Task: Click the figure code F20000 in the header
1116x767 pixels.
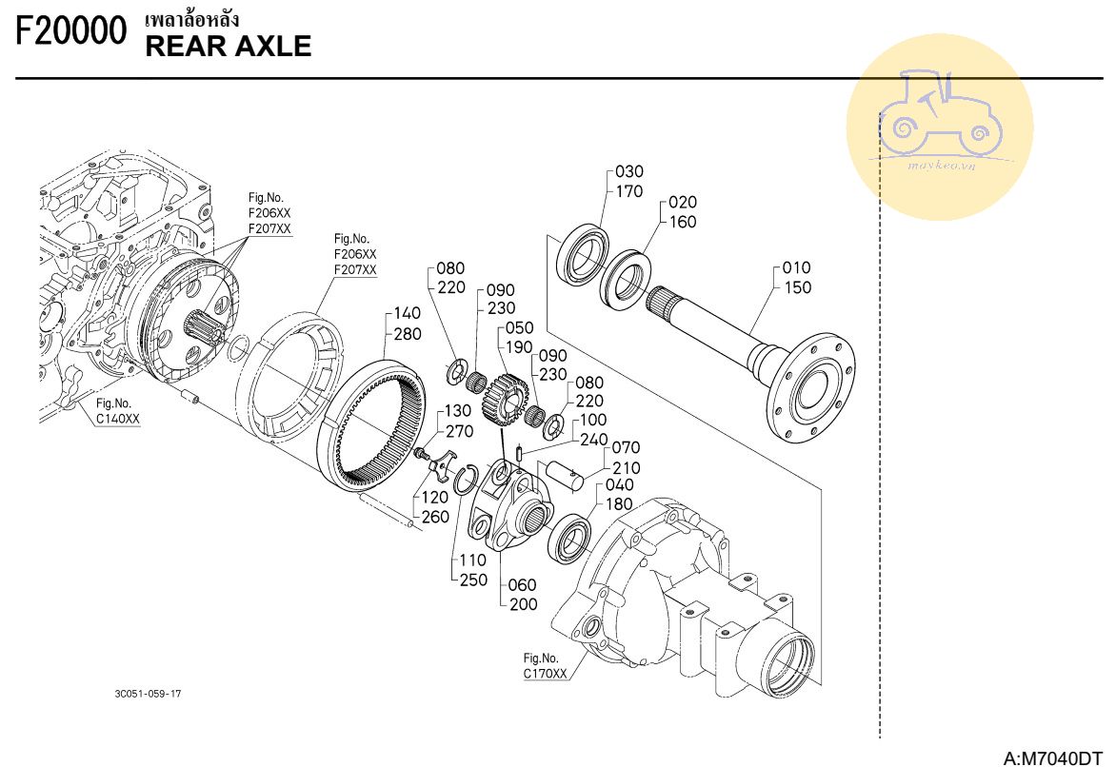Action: pyautogui.click(x=71, y=30)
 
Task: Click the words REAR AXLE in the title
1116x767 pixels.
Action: pyautogui.click(x=229, y=47)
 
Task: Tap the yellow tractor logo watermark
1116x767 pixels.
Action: pyautogui.click(x=940, y=127)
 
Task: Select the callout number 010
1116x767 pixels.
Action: pyautogui.click(x=796, y=267)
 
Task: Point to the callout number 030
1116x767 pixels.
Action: pyautogui.click(x=629, y=171)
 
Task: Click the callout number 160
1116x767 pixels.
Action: pyautogui.click(x=683, y=222)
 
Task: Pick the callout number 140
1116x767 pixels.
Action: pyautogui.click(x=408, y=313)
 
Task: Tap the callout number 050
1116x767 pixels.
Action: pyautogui.click(x=520, y=327)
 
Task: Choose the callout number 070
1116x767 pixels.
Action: pyautogui.click(x=627, y=447)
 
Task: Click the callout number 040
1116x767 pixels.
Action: pyautogui.click(x=619, y=484)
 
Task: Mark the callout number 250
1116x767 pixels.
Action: pyautogui.click(x=473, y=580)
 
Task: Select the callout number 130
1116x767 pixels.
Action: pyautogui.click(x=458, y=411)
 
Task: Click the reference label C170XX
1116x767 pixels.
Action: pyautogui.click(x=546, y=673)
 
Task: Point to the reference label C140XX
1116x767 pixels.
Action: pyautogui.click(x=118, y=419)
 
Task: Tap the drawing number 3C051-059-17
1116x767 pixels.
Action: pyautogui.click(x=148, y=694)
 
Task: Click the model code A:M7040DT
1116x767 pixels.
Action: pyautogui.click(x=1052, y=757)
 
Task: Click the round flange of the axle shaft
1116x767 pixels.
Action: pyautogui.click(x=811, y=387)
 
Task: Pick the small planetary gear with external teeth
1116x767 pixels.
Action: pyautogui.click(x=506, y=402)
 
